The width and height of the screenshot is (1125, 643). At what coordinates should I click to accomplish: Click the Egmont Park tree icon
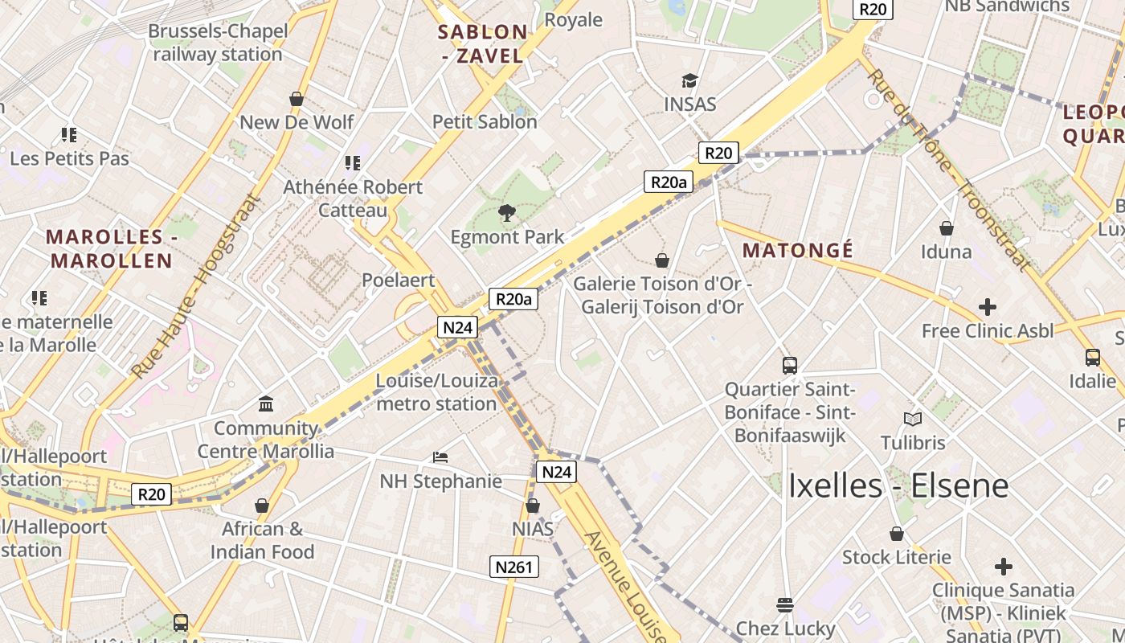(x=506, y=213)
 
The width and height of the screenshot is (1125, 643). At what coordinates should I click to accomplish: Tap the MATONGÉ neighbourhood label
(x=797, y=250)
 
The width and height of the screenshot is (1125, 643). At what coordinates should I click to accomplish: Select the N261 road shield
(x=513, y=567)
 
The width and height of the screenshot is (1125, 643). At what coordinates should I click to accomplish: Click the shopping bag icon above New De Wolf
(x=297, y=99)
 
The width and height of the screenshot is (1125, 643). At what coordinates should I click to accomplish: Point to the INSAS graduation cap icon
(x=689, y=81)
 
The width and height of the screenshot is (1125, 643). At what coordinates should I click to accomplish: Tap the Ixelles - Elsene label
(x=898, y=485)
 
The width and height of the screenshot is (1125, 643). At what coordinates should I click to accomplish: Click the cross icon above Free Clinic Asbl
(x=987, y=307)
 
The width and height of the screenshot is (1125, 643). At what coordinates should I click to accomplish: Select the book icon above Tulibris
(x=912, y=419)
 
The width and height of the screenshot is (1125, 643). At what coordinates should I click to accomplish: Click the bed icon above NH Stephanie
(x=440, y=457)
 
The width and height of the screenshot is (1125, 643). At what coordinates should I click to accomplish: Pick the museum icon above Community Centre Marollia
(x=266, y=403)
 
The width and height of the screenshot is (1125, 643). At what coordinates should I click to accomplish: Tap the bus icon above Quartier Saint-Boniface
(x=789, y=366)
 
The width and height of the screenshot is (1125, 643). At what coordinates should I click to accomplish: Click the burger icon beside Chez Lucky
(x=785, y=605)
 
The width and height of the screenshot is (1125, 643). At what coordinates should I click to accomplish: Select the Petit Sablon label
(x=485, y=121)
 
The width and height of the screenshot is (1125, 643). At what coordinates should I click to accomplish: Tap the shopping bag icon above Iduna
(x=947, y=228)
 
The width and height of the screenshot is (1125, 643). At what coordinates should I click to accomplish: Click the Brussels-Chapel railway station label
(x=217, y=43)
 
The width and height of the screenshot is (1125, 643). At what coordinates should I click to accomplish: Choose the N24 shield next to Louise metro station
(x=458, y=327)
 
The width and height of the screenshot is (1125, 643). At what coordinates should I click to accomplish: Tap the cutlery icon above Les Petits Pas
(x=69, y=135)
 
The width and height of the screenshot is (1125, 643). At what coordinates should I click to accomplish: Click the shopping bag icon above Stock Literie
(x=896, y=534)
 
